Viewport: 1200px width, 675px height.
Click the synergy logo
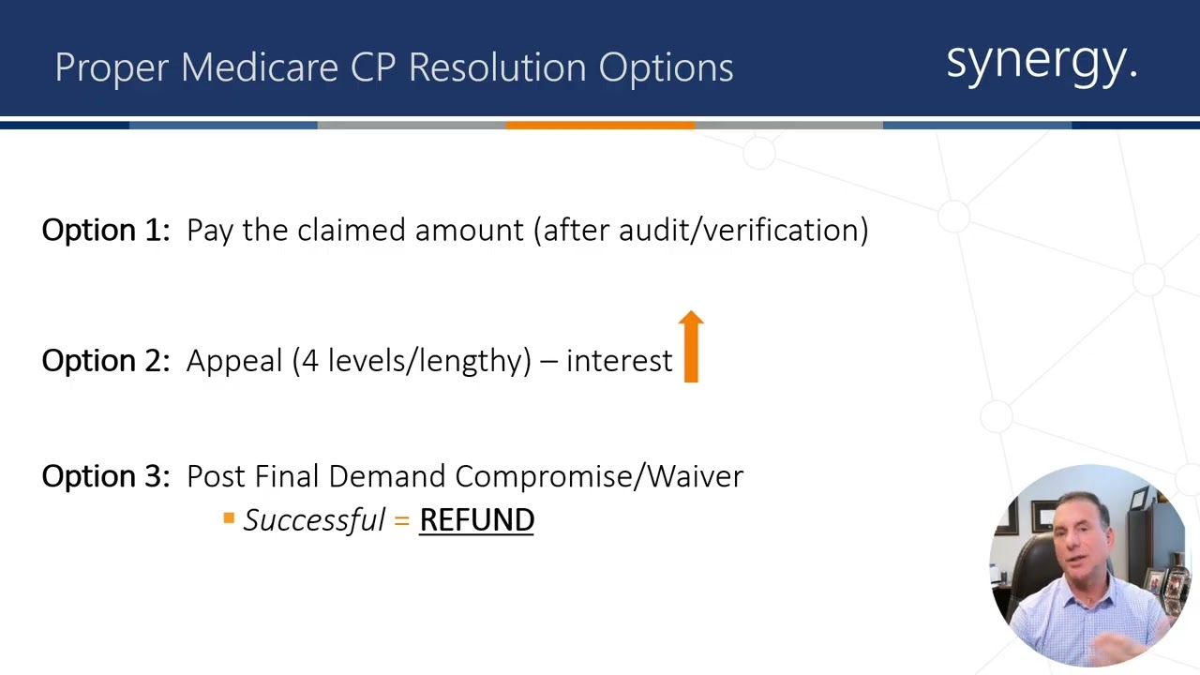(1041, 62)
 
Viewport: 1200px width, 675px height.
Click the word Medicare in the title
(260, 67)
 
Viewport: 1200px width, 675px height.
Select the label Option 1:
(106, 231)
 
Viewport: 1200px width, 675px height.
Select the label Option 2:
(106, 361)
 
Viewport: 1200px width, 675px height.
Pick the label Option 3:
(106, 476)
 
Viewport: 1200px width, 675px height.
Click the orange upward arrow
(691, 347)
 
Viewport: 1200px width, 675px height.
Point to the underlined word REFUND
(476, 520)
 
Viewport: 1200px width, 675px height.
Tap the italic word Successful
(314, 520)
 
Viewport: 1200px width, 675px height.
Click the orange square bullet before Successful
(229, 517)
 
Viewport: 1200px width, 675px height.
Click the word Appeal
(234, 361)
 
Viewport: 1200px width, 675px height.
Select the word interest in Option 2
(619, 361)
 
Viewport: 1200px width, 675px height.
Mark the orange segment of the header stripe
(600, 125)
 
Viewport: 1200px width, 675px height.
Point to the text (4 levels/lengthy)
(412, 361)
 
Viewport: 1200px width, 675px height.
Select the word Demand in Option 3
(376, 476)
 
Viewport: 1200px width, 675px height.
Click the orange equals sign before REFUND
(402, 520)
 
